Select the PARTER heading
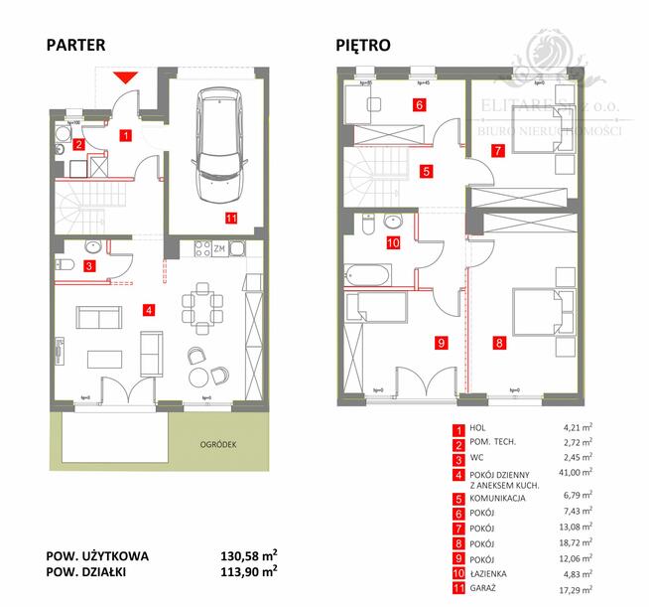(74, 45)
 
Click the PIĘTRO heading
(362, 45)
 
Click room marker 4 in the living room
(148, 310)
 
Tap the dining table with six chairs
(201, 303)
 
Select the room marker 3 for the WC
(88, 265)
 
